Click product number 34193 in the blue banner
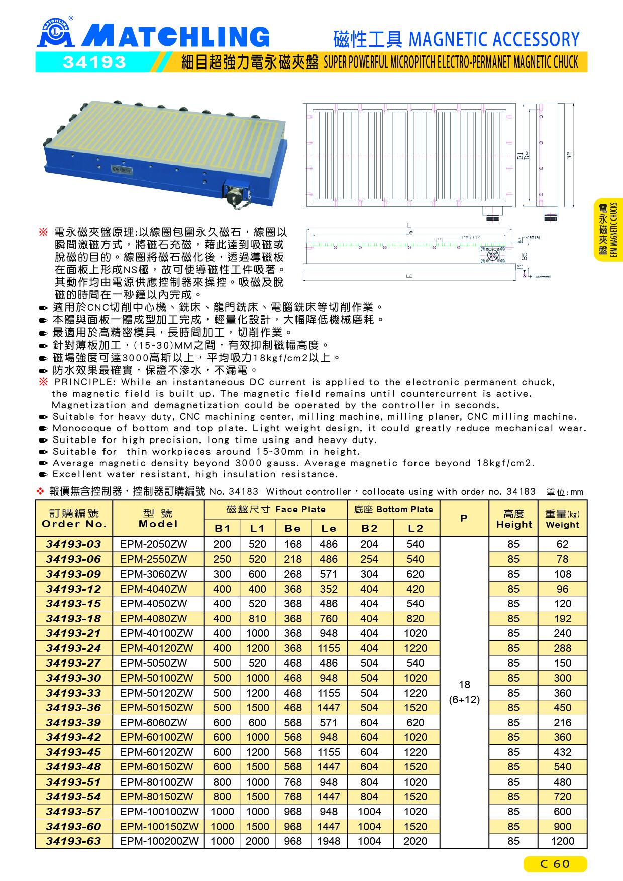(94, 62)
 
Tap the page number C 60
(555, 863)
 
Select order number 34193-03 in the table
(74, 544)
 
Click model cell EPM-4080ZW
(153, 618)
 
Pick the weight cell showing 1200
(562, 841)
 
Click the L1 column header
(257, 528)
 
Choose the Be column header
(293, 528)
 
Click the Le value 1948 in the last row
(329, 841)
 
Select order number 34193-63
(74, 841)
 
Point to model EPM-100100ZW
(159, 811)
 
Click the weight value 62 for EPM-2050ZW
(562, 544)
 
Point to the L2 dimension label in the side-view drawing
(409, 276)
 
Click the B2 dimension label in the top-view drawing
(570, 155)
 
